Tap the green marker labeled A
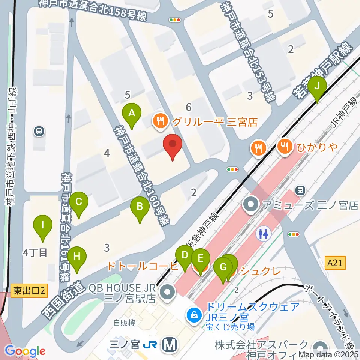pos(132,113)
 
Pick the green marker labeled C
pos(79,202)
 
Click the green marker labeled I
pos(43,226)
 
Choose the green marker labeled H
pos(77,257)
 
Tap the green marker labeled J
pos(317,87)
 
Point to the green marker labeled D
pos(184,256)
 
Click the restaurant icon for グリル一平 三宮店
pos(160,121)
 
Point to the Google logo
pos(25,351)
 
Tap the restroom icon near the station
pos(264,234)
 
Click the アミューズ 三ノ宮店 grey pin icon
pos(250,205)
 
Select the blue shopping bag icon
pos(195,315)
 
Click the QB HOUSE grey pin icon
pos(166,292)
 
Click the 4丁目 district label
pos(35,252)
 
